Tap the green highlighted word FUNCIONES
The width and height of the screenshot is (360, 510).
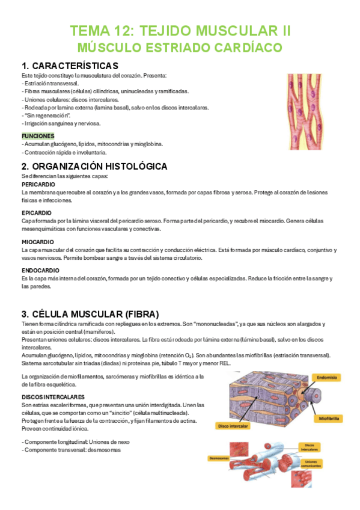click(38, 136)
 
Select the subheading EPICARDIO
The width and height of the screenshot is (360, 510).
click(36, 213)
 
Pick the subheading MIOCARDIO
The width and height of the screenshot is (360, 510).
click(37, 242)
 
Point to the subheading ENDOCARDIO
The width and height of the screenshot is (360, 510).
click(39, 271)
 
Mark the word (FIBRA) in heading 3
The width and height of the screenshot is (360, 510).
click(139, 314)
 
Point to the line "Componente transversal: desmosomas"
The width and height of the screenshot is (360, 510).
click(71, 449)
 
